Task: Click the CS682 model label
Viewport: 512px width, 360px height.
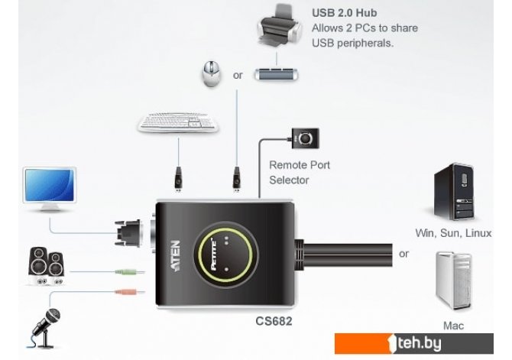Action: click(x=273, y=321)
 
